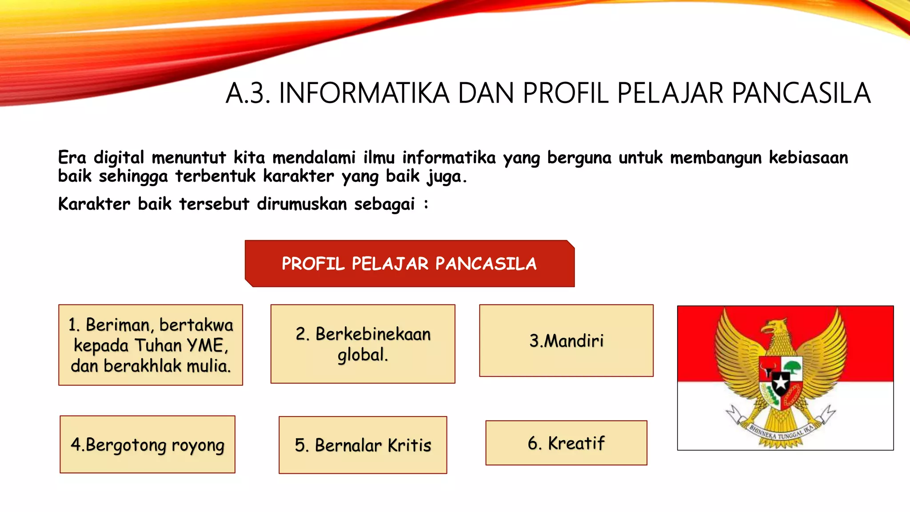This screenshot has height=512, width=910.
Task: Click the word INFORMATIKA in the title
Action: pyautogui.click(x=364, y=93)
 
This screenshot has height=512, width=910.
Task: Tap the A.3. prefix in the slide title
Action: pyautogui.click(x=247, y=93)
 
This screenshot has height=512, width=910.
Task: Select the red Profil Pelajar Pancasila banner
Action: pyautogui.click(x=409, y=264)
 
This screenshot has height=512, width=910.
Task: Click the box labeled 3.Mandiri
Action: pyautogui.click(x=566, y=340)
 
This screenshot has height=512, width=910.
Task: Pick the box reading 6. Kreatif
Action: pyautogui.click(x=566, y=443)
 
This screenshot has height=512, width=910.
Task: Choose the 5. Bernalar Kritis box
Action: pyautogui.click(x=363, y=445)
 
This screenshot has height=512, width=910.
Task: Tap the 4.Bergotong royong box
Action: pyautogui.click(x=148, y=444)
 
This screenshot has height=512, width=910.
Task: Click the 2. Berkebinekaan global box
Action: pyautogui.click(x=363, y=344)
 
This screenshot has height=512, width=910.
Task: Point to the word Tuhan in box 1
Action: pyautogui.click(x=158, y=345)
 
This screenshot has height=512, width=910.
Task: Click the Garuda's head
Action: pyautogui.click(x=775, y=329)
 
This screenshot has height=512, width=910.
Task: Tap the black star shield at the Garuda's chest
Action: pyautogui.click(x=781, y=382)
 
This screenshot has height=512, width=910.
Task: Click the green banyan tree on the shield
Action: pyautogui.click(x=792, y=367)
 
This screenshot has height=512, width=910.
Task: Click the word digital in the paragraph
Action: pyautogui.click(x=119, y=158)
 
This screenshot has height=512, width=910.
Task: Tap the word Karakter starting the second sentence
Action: pyautogui.click(x=94, y=204)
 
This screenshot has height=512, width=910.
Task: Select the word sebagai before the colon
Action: pyautogui.click(x=384, y=204)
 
